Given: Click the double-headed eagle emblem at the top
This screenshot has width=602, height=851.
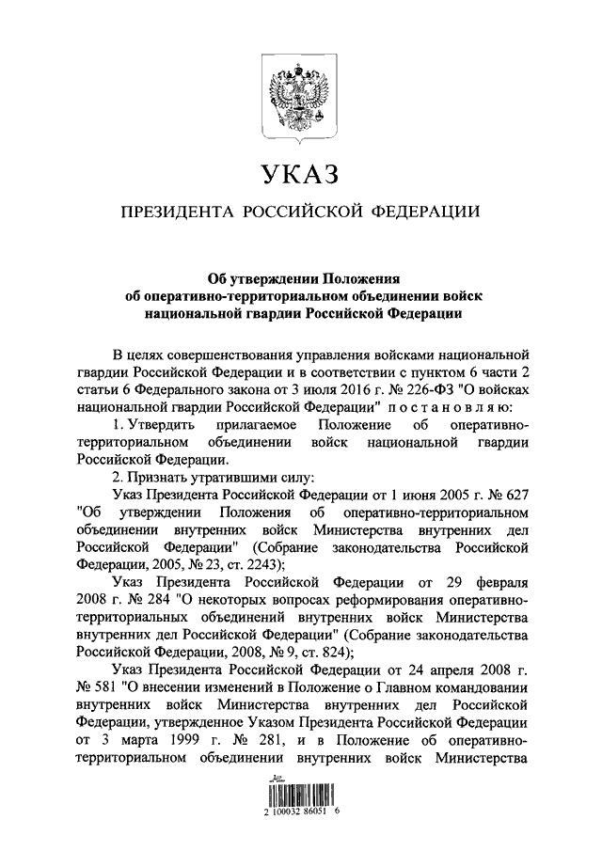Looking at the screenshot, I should coord(300,93).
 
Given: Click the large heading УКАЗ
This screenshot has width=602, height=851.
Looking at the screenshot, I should coord(300,175).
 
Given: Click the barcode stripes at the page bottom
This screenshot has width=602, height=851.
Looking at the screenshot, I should coord(301,792).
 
